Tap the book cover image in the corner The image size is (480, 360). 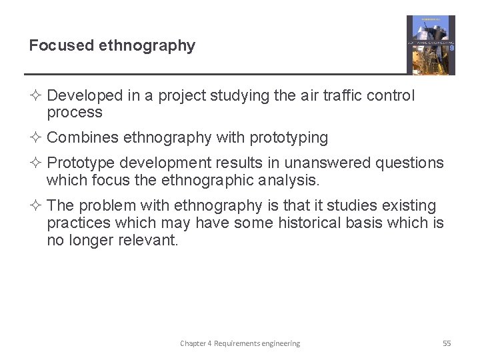click(431, 45)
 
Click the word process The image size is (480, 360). click(75, 113)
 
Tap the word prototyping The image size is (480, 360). click(289, 138)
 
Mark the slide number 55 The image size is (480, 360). click(447, 343)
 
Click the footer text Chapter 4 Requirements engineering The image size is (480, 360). click(240, 343)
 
